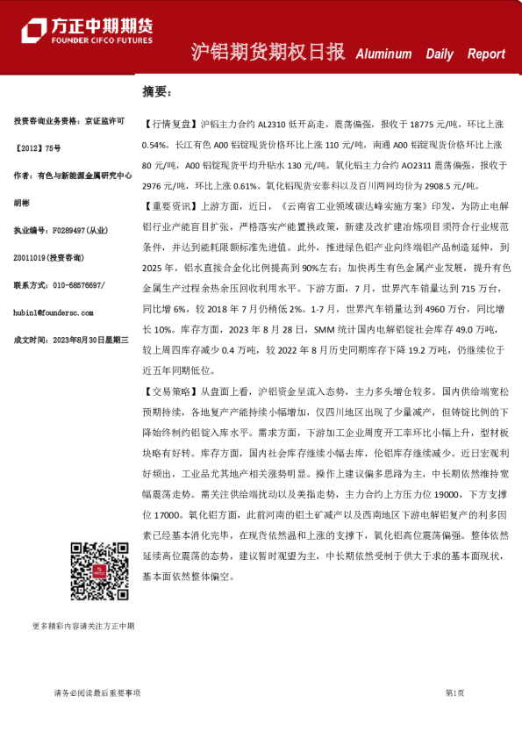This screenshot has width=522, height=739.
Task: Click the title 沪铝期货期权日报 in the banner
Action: (x=268, y=53)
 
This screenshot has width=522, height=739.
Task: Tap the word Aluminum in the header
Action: (x=383, y=54)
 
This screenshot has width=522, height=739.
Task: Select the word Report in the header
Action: (x=486, y=54)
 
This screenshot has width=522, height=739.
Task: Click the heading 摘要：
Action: (x=158, y=91)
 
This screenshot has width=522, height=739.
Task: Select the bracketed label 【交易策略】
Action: (x=170, y=391)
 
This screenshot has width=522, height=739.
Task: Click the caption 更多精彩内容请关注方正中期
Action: (x=83, y=626)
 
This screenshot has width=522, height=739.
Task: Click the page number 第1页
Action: (x=454, y=692)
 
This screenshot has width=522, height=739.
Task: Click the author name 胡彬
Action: (x=22, y=202)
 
